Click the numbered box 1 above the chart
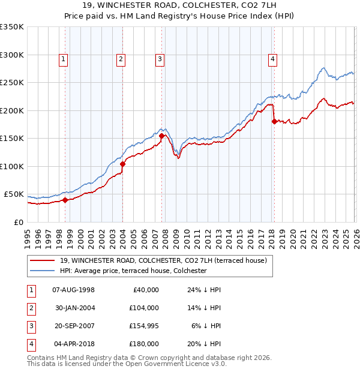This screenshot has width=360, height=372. click(x=64, y=59)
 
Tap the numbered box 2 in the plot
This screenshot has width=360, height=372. click(x=121, y=59)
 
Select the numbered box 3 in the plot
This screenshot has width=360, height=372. click(x=160, y=59)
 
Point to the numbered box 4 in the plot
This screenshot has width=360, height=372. click(x=272, y=59)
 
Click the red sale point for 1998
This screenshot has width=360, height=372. click(x=65, y=200)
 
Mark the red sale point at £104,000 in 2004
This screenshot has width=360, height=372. click(x=122, y=164)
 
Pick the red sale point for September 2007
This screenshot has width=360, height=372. click(x=161, y=136)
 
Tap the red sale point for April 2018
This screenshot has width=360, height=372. click(x=274, y=122)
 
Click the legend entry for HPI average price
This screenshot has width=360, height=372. click(x=133, y=271)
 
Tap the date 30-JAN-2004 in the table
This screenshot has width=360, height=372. click(x=75, y=308)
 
